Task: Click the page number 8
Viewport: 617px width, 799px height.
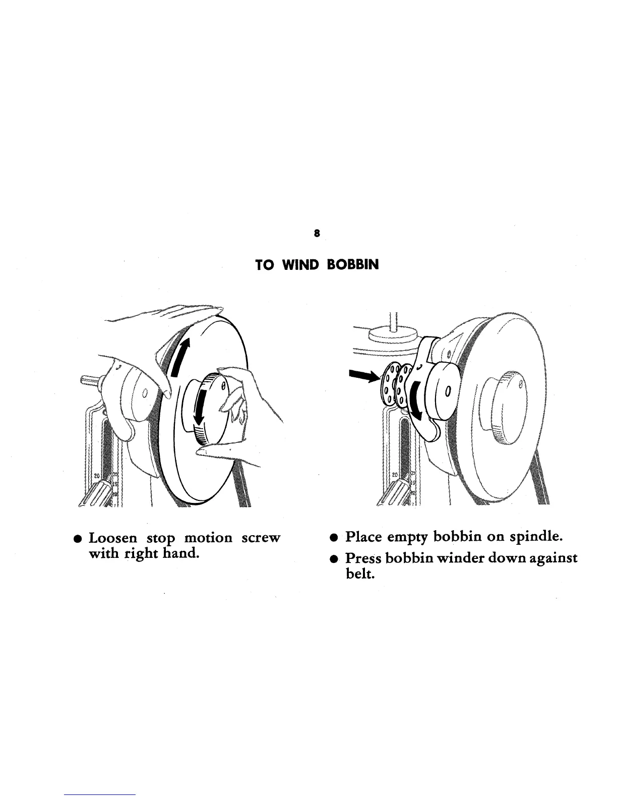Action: coord(316,233)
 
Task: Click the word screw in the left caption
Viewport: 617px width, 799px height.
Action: coord(260,538)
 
